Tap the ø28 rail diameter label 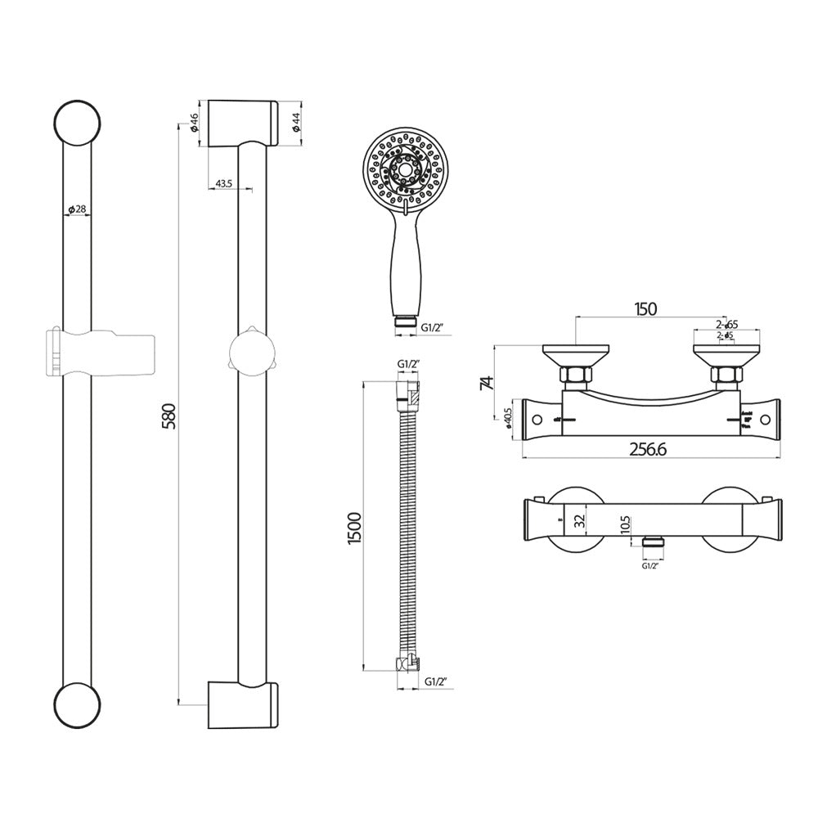(x=76, y=209)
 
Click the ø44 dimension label (x=296, y=123)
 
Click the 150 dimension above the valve (x=645, y=308)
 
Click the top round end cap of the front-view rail (x=76, y=124)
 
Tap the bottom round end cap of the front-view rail (x=77, y=703)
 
